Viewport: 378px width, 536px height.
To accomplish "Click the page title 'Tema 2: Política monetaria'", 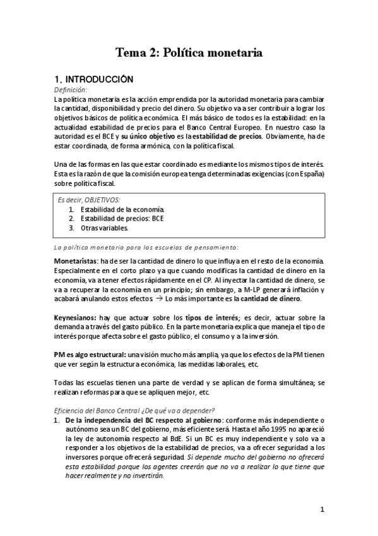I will point(189,52).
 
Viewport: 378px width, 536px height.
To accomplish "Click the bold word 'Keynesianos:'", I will point(76,317).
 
